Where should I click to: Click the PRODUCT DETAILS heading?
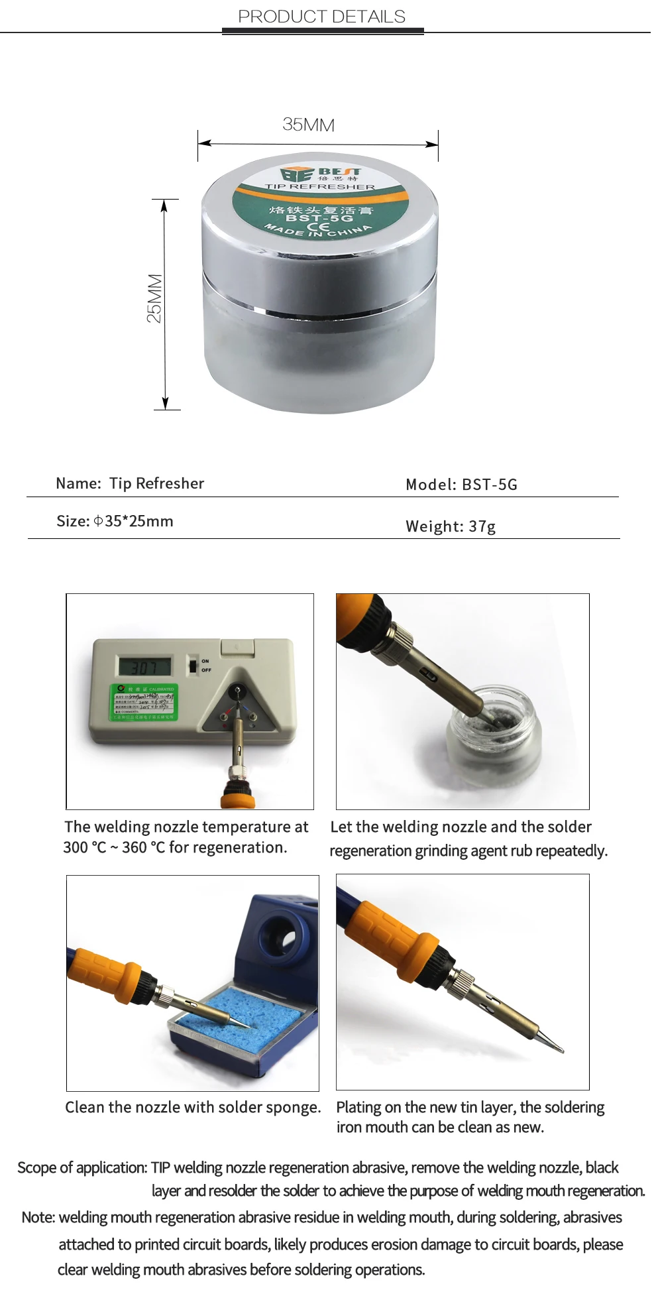321,17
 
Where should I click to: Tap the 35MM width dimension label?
308,125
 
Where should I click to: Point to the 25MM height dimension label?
154,298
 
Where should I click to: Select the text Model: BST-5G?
461,485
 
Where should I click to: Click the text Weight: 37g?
451,526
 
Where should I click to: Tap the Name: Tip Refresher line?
130,483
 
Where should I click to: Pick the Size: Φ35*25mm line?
115,521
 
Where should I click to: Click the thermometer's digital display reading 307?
144,666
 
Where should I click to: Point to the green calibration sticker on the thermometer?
144,703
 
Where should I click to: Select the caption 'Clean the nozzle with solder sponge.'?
193,1107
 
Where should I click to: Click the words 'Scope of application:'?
82,1167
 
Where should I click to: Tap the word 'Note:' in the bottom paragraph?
38,1217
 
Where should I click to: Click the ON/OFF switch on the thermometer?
193,665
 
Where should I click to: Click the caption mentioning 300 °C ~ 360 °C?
186,837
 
